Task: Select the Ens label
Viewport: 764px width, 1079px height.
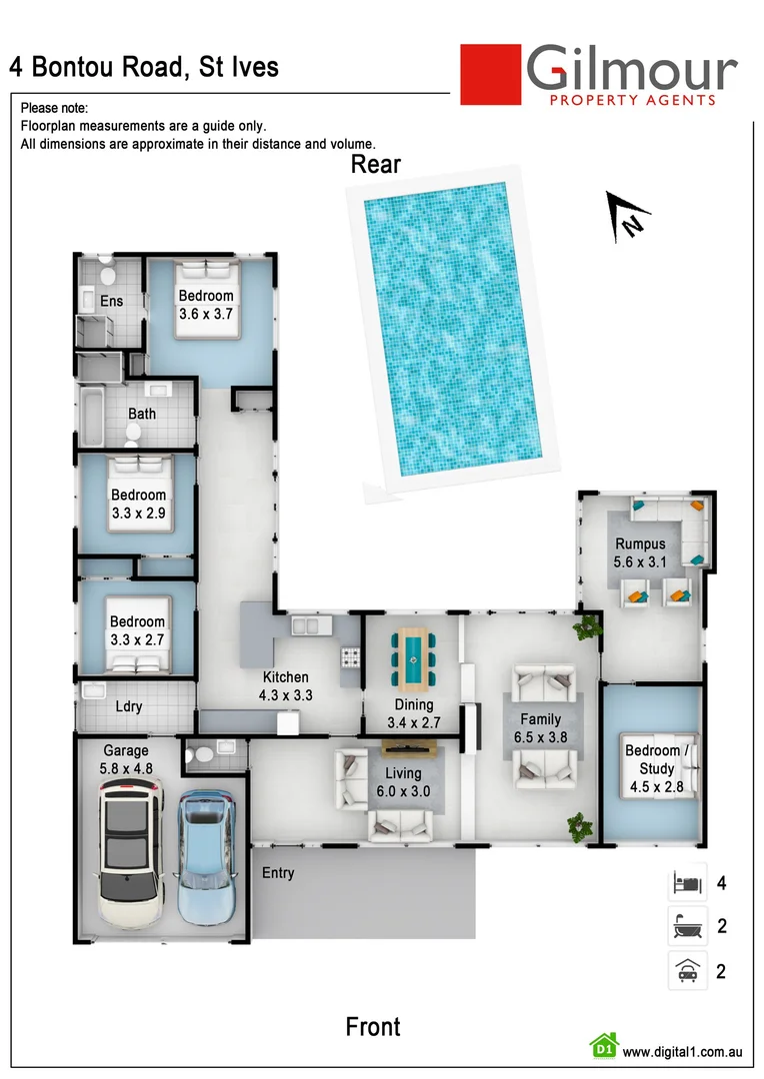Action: coord(111,301)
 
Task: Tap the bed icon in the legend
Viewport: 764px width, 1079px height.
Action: coord(687,883)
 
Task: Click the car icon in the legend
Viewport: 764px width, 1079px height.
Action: coord(687,970)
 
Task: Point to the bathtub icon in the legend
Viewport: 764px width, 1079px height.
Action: coord(687,926)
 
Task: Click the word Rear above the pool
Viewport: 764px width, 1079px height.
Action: coord(376,164)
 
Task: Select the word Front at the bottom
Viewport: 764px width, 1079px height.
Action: coord(373,1026)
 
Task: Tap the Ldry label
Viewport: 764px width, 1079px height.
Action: coord(129,706)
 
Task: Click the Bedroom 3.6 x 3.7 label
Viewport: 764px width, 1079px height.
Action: coord(206,305)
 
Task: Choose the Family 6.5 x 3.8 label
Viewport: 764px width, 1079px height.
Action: coord(540,728)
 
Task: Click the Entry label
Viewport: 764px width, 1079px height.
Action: coord(278,873)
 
